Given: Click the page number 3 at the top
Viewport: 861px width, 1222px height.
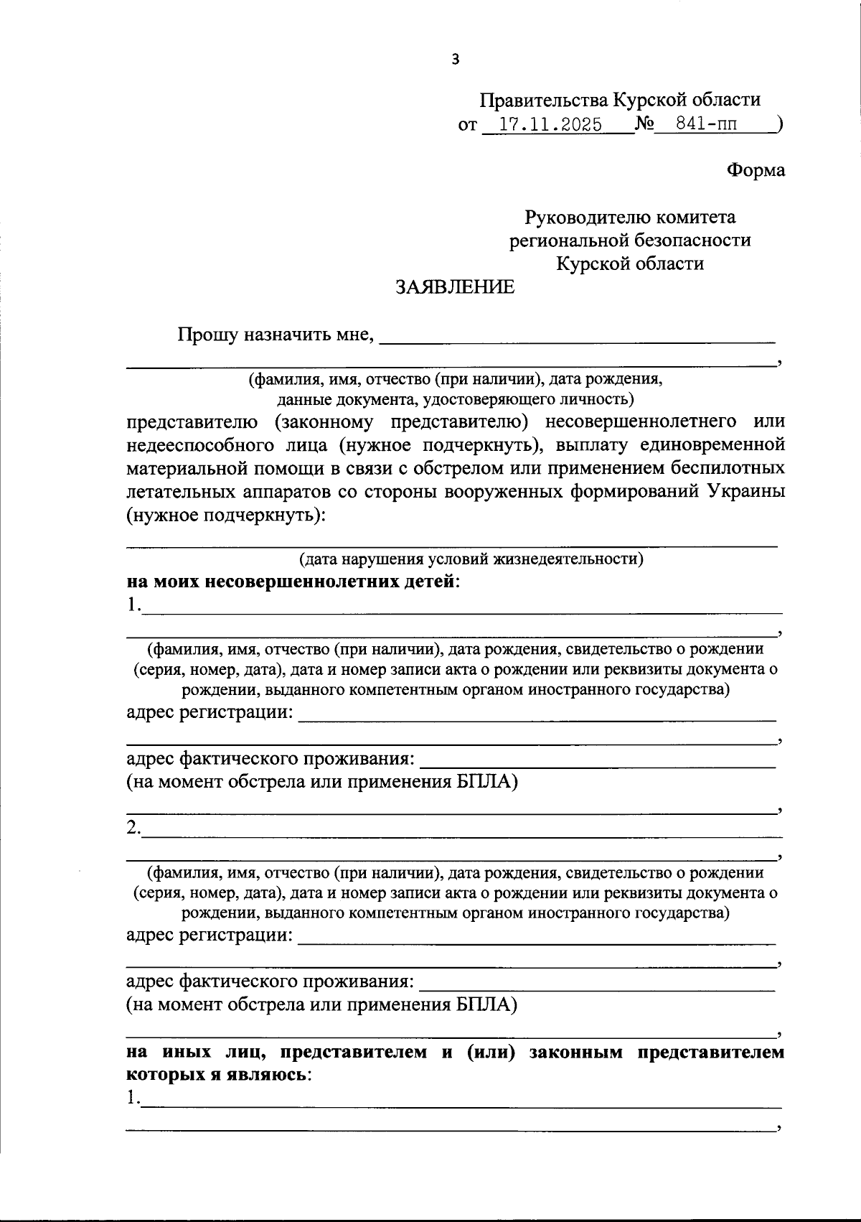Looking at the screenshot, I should click(x=455, y=60).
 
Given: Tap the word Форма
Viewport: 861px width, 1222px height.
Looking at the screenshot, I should click(x=756, y=170).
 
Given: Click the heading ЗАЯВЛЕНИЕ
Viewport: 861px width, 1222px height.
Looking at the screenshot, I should click(x=456, y=287).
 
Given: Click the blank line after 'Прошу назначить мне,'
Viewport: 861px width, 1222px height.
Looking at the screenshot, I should click(x=577, y=337).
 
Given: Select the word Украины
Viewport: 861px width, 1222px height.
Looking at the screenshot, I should click(x=745, y=492).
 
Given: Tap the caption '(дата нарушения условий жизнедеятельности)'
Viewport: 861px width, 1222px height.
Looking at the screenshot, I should click(x=471, y=559).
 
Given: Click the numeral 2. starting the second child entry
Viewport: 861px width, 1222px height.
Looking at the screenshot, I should click(x=133, y=827).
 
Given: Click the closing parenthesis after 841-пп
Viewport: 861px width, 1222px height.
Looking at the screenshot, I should click(x=779, y=125).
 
